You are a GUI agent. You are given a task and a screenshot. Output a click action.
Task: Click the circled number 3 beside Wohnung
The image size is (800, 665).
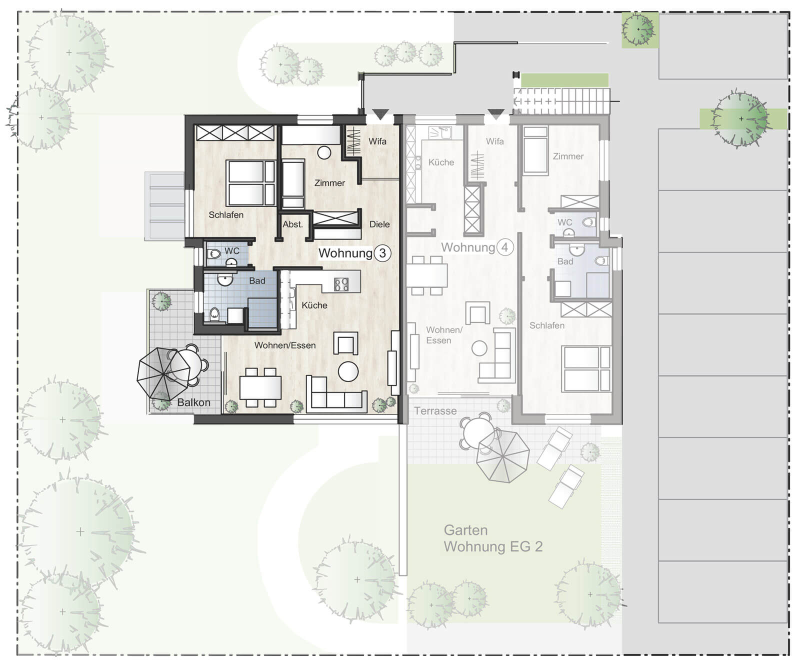pyautogui.click(x=382, y=253)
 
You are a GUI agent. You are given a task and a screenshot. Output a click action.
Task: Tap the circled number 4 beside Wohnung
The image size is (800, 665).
pyautogui.click(x=505, y=247)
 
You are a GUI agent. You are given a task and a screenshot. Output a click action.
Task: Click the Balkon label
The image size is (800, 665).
pyautogui.click(x=194, y=402)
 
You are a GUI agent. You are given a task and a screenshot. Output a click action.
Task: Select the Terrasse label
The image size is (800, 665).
pyautogui.click(x=435, y=411)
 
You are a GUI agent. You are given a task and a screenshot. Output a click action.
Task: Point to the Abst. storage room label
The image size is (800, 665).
pyautogui.click(x=293, y=224)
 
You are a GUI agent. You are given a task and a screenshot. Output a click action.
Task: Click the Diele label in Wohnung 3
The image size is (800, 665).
pyautogui.click(x=379, y=224)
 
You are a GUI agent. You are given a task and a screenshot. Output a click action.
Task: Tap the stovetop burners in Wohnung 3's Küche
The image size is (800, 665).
pyautogui.click(x=341, y=284)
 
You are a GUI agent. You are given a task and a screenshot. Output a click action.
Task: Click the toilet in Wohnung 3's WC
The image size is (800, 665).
pyautogui.click(x=214, y=254)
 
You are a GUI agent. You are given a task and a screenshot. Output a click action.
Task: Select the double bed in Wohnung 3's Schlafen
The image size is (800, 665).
pyautogui.click(x=250, y=183)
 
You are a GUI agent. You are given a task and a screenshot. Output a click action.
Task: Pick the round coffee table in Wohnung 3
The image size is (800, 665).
pyautogui.click(x=348, y=371)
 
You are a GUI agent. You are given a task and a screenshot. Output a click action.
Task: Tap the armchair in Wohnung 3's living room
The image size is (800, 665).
pyautogui.click(x=346, y=343)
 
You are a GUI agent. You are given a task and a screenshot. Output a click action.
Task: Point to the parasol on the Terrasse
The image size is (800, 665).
pyautogui.click(x=502, y=456)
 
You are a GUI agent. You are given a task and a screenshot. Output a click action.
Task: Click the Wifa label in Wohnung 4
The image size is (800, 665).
pyautogui.click(x=495, y=141)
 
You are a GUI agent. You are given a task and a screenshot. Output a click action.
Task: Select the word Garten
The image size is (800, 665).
pyautogui.click(x=465, y=530)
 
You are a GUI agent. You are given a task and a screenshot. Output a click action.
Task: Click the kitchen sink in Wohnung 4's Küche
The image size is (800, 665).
pyautogui.click(x=440, y=132)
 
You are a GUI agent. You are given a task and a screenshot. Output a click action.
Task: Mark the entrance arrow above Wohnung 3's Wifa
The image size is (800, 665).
pyautogui.click(x=380, y=114)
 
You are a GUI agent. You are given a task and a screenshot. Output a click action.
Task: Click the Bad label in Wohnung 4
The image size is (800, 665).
pyautogui.click(x=565, y=261)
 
